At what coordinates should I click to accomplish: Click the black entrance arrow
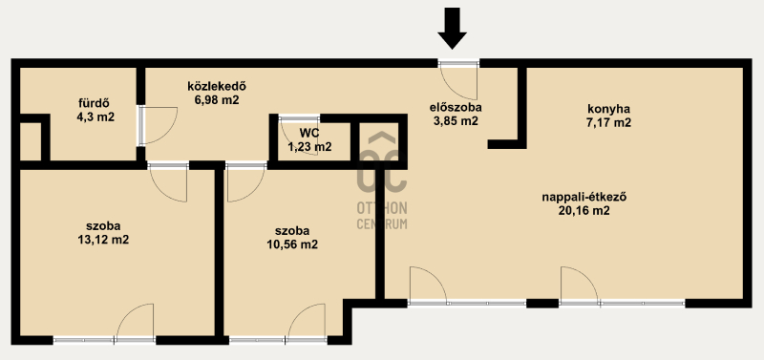click(x=452, y=29)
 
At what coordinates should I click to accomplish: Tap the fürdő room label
click(x=94, y=103)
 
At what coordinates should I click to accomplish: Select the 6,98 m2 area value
click(x=217, y=100)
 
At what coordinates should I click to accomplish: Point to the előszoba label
click(x=456, y=107)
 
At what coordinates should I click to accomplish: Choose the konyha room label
click(x=608, y=109)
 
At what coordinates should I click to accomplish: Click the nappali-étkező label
click(x=584, y=198)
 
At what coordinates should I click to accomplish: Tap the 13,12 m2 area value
click(x=103, y=240)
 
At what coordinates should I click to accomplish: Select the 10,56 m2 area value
click(x=292, y=244)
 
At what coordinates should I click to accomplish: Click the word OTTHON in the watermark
click(x=382, y=208)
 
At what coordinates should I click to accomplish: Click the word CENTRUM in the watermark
click(x=382, y=224)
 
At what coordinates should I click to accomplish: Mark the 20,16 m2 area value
click(x=584, y=211)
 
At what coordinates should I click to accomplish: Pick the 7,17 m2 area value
click(x=608, y=123)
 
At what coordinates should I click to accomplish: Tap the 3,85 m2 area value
click(x=456, y=121)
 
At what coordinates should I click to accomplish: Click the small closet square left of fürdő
click(x=31, y=141)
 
